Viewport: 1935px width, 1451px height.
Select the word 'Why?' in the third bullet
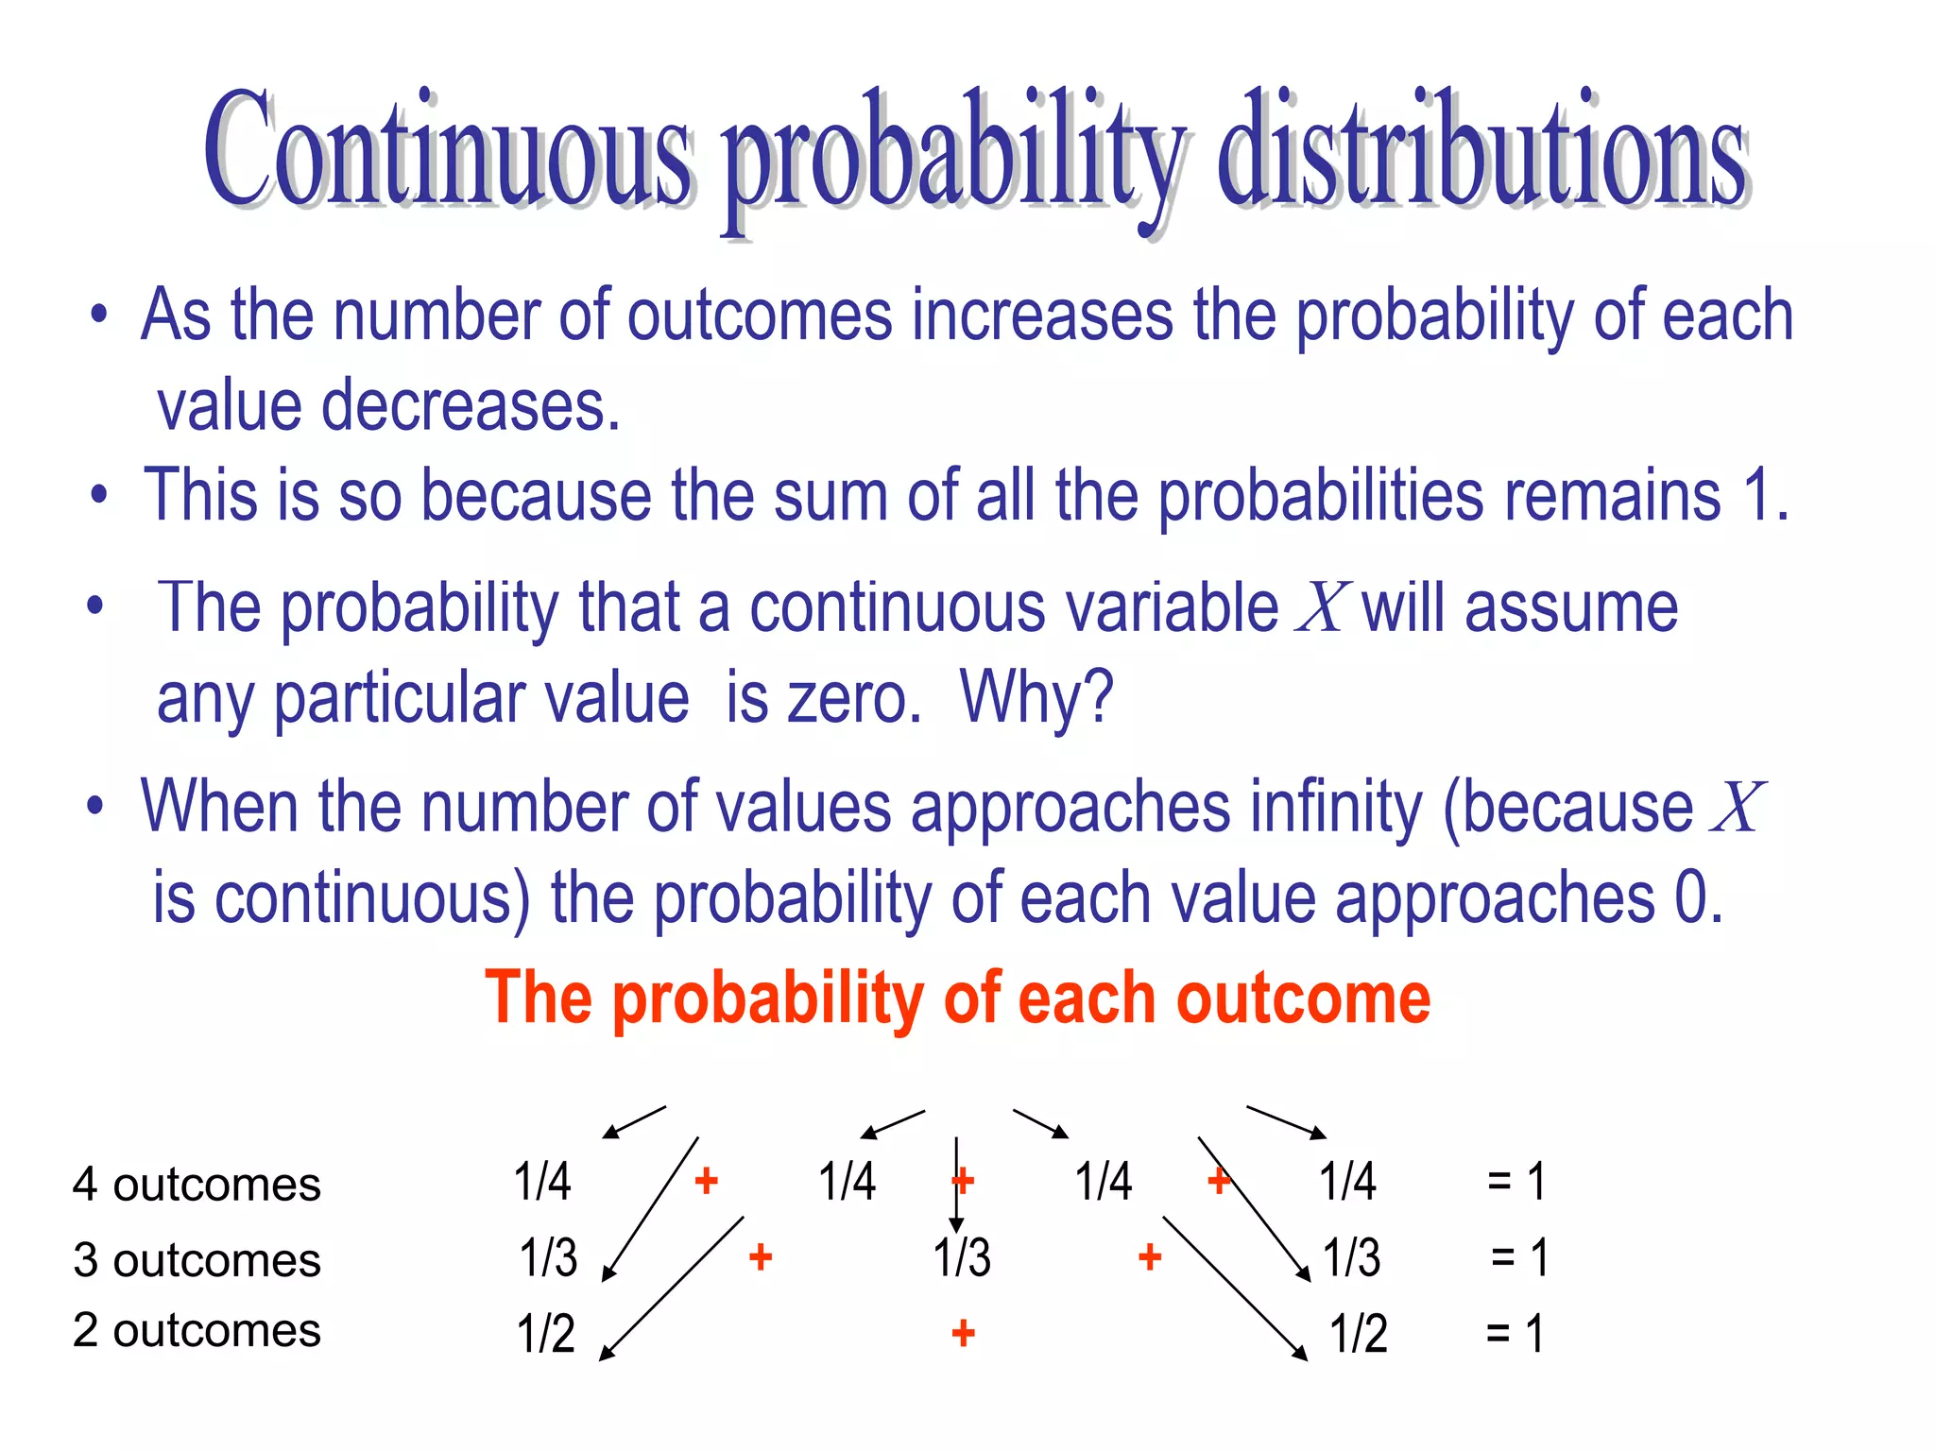pos(1036,698)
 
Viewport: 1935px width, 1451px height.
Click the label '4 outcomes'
pos(197,1185)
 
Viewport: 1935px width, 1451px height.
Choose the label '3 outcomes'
pos(197,1260)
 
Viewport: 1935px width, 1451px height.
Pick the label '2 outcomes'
pos(197,1330)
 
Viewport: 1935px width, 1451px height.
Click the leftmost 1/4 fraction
pos(542,1182)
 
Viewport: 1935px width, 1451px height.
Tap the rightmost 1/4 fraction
pos(1347,1182)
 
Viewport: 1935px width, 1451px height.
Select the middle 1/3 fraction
pos(962,1258)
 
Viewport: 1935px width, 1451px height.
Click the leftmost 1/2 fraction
pos(545,1334)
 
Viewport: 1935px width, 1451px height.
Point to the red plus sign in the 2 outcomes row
pos(963,1334)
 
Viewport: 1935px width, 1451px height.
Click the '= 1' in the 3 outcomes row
pos(1519,1258)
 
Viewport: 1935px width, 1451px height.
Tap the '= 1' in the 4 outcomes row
pos(1515,1182)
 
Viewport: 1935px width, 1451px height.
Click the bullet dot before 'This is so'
pos(99,495)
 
